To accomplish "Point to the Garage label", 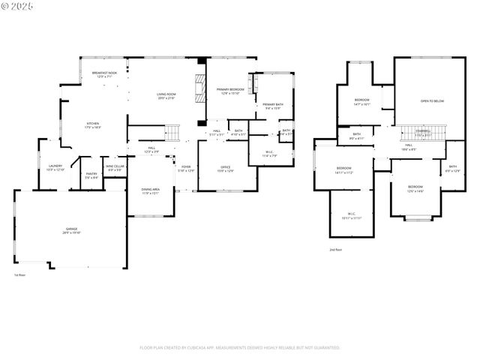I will [x=71, y=230].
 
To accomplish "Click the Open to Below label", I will [x=431, y=101].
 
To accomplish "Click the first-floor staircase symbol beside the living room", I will [x=173, y=133].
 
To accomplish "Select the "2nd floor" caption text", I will [x=335, y=250].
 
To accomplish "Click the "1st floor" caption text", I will [x=20, y=275].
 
